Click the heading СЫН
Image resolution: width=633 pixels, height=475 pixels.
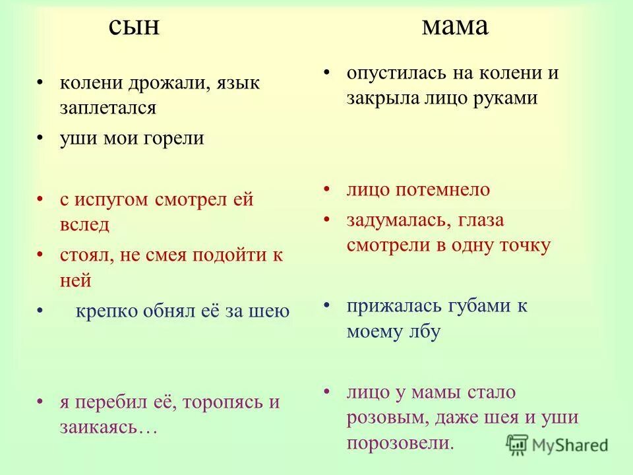tap(134, 27)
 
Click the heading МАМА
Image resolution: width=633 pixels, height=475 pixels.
tap(455, 27)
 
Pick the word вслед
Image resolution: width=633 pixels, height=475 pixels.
tap(84, 224)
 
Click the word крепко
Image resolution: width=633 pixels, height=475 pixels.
tap(107, 311)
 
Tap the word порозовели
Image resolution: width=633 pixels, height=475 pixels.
tap(400, 443)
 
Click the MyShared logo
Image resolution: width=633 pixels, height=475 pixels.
tap(557, 445)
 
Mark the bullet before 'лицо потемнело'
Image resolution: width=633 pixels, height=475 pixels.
tap(328, 189)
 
